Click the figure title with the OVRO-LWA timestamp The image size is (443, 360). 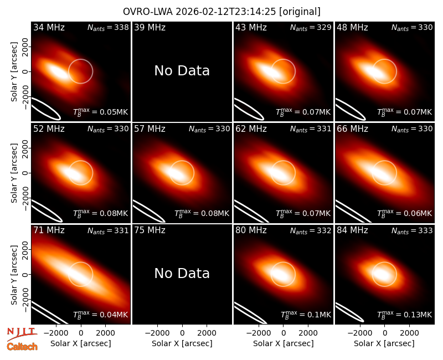(x=221, y=12)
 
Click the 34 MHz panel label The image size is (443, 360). (x=49, y=27)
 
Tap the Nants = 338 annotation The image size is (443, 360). (x=108, y=27)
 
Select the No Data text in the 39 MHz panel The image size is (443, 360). (x=182, y=71)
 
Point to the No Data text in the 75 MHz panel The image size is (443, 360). (x=182, y=273)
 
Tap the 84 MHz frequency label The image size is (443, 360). (x=352, y=230)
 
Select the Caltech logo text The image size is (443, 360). (x=22, y=347)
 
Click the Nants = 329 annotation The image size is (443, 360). (x=311, y=27)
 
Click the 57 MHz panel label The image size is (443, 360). (x=150, y=129)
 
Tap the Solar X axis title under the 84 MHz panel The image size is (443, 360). (x=384, y=343)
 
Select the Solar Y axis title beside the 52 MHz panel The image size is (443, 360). (x=14, y=173)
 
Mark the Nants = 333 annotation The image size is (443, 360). (x=412, y=230)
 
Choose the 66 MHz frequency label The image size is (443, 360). (x=352, y=129)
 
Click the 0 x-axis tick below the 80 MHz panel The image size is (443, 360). (x=284, y=333)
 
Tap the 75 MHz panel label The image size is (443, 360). (x=150, y=230)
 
